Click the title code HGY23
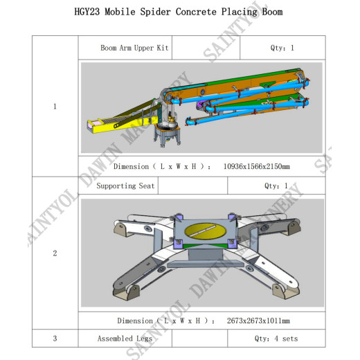click(89, 12)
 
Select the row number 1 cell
click(55, 107)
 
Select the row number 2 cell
click(55, 253)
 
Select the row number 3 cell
click(55, 339)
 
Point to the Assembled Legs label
click(125, 339)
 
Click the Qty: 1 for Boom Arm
click(282, 48)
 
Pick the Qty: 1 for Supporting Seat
click(276, 186)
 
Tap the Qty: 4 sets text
click(276, 339)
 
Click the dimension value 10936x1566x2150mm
click(256, 166)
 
